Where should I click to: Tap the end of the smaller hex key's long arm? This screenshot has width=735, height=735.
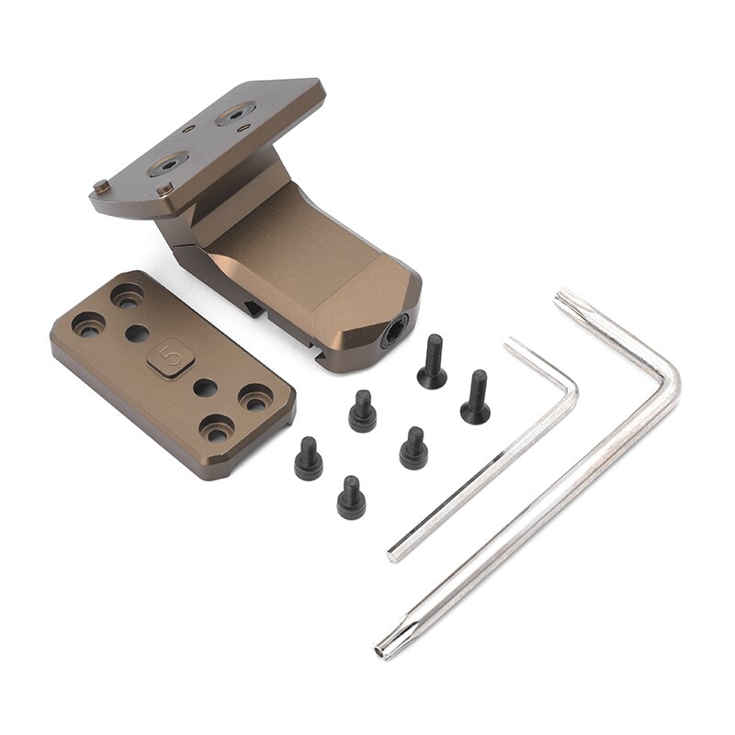pyautogui.click(x=393, y=554)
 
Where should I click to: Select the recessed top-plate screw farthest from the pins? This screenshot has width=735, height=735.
pyautogui.click(x=233, y=116)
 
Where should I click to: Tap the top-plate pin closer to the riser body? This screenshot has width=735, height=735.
pyautogui.click(x=165, y=188)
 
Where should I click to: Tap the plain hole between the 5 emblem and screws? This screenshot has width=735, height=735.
pyautogui.click(x=207, y=388)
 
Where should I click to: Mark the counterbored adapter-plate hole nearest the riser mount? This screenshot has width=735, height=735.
pyautogui.click(x=127, y=296)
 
